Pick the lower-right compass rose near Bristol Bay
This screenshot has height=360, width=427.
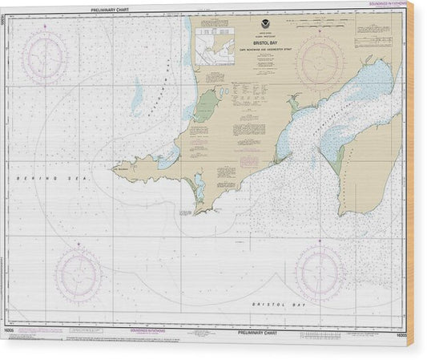pyautogui.click(x=320, y=273)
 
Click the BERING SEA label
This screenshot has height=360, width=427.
pyautogui.click(x=34, y=175)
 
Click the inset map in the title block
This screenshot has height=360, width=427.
pyautogui.click(x=214, y=48)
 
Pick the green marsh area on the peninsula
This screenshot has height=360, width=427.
pyautogui.click(x=207, y=106)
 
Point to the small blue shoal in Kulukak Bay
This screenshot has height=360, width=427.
pyautogui.click(x=137, y=98)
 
